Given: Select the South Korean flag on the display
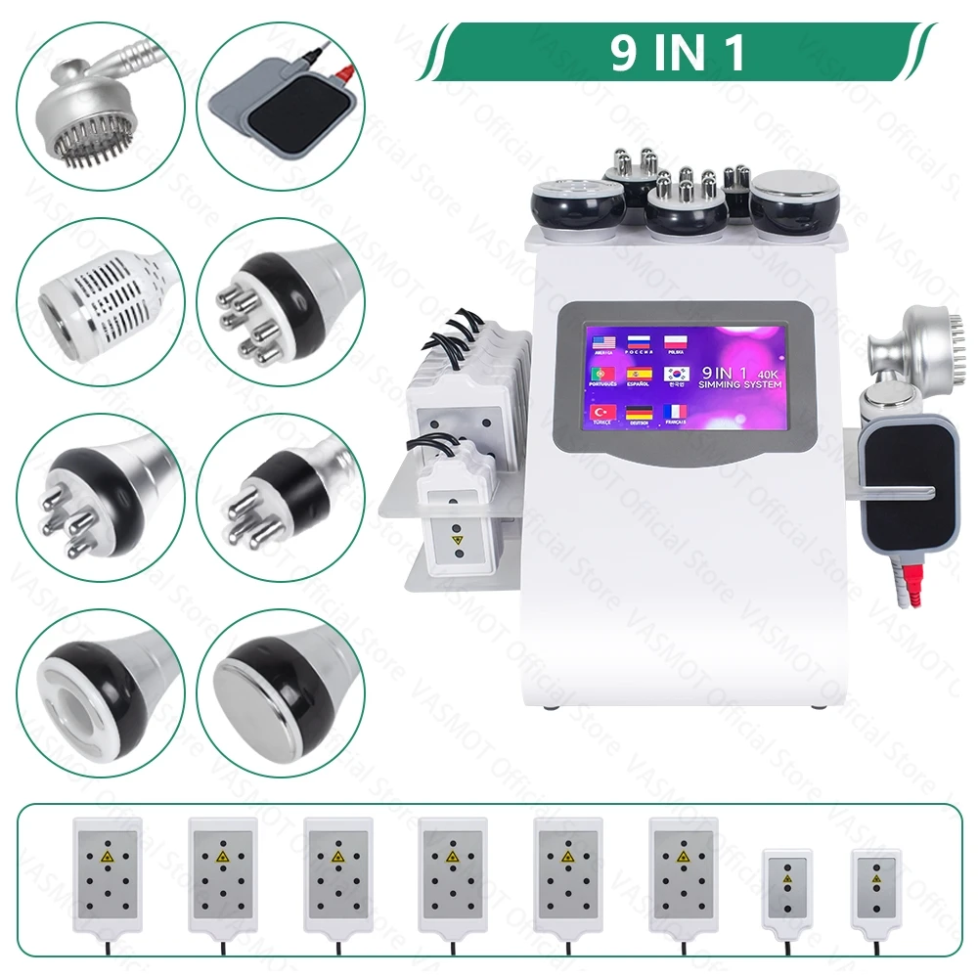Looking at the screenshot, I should pyautogui.click(x=676, y=375).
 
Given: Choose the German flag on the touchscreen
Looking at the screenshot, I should pyautogui.click(x=639, y=412).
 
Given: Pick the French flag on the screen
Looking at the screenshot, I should pyautogui.click(x=676, y=412).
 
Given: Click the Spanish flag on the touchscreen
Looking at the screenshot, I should pyautogui.click(x=639, y=375).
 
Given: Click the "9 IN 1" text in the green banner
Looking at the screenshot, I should pyautogui.click(x=679, y=54).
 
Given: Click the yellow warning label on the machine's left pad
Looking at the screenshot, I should pyautogui.click(x=455, y=537).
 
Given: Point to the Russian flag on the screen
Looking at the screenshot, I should pyautogui.click(x=639, y=341).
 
